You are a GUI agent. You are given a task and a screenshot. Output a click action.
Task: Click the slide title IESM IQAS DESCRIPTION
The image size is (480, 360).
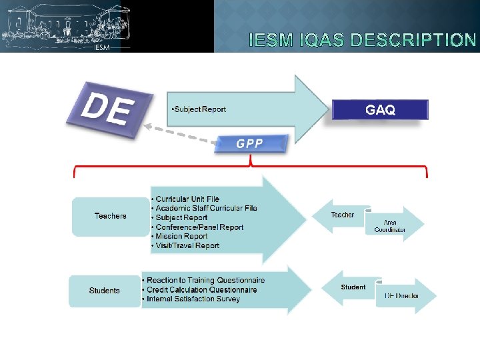(362, 40)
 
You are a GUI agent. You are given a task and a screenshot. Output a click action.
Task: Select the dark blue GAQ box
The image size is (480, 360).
(380, 110)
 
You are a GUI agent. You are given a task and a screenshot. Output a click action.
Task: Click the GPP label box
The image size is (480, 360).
(250, 143)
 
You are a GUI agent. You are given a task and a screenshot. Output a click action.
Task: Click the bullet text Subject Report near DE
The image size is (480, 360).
(199, 109)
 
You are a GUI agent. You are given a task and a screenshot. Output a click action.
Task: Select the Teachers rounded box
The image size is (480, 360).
(110, 216)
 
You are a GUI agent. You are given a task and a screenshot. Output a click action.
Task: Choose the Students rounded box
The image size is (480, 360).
(105, 291)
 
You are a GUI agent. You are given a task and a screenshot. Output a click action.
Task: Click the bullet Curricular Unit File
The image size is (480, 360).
(187, 199)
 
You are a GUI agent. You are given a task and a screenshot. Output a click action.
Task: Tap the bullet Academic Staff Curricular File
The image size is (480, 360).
(206, 208)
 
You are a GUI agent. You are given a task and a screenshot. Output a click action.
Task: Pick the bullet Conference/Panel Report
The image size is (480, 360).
(199, 227)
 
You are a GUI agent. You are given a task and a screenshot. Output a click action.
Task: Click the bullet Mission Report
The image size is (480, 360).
(181, 236)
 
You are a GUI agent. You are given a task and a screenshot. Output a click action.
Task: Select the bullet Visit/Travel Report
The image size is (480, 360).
(187, 245)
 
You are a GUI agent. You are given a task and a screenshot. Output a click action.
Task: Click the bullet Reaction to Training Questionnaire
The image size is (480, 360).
(205, 280)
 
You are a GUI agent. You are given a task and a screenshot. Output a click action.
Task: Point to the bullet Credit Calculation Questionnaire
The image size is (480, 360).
(201, 289)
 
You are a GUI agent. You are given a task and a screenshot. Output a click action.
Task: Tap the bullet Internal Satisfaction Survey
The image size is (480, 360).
(193, 299)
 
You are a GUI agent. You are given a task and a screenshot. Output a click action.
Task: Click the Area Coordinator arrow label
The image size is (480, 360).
(390, 226)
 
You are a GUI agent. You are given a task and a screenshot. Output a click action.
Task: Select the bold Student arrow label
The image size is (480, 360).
(353, 287)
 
